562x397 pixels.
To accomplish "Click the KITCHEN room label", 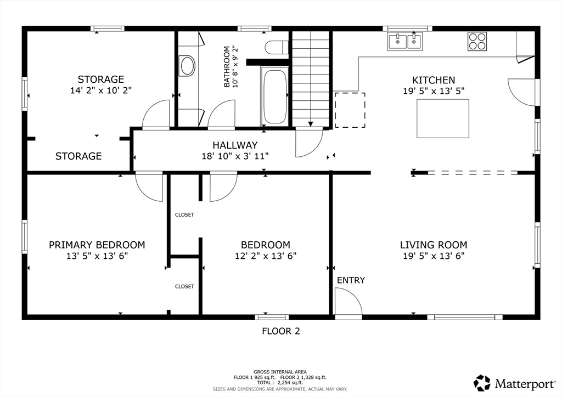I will [x=434, y=80].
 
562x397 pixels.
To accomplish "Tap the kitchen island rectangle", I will [x=443, y=118].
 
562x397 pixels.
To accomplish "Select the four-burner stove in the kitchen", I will [x=477, y=42].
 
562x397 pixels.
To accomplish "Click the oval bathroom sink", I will [x=188, y=66].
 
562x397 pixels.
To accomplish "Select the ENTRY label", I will [x=351, y=280].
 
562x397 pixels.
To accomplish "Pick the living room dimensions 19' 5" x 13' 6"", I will [x=434, y=256].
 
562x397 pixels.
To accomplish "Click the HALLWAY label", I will [x=235, y=145].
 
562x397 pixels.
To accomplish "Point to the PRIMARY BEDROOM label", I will [x=97, y=245].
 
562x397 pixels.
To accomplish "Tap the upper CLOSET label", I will [x=184, y=215].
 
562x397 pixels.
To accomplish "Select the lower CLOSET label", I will [x=184, y=286].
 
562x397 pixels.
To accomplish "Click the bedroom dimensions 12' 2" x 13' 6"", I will [x=266, y=256].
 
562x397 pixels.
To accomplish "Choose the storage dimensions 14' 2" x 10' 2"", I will [x=100, y=90].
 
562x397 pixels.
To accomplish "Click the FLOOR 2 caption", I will [x=280, y=331].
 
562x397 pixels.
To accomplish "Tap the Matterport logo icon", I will [x=482, y=383].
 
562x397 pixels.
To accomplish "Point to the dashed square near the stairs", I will [x=350, y=110].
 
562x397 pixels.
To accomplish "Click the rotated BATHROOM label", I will [x=227, y=66].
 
